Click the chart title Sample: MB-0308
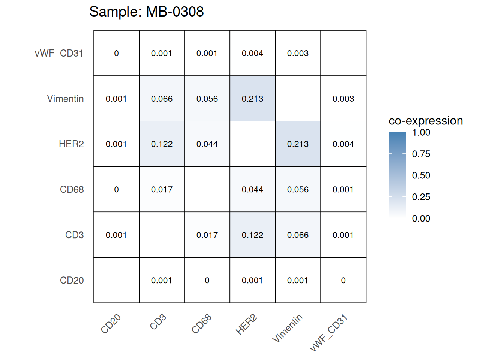[146, 12]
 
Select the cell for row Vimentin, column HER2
[252, 99]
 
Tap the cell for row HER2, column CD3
[162, 144]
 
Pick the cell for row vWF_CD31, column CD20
[116, 53]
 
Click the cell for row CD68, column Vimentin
[298, 189]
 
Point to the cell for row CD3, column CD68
[207, 235]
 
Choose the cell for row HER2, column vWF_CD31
[343, 144]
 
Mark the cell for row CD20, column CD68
[207, 280]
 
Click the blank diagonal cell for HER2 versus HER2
[252, 144]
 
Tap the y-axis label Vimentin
[65, 99]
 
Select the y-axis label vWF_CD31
[59, 53]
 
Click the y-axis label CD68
[72, 189]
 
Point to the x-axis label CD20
[111, 324]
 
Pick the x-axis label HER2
[246, 325]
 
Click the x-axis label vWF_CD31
[329, 333]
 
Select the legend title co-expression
[426, 121]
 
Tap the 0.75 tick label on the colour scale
[421, 154]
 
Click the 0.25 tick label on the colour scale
[421, 197]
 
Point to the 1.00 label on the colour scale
[421, 133]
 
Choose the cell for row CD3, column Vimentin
[298, 235]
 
